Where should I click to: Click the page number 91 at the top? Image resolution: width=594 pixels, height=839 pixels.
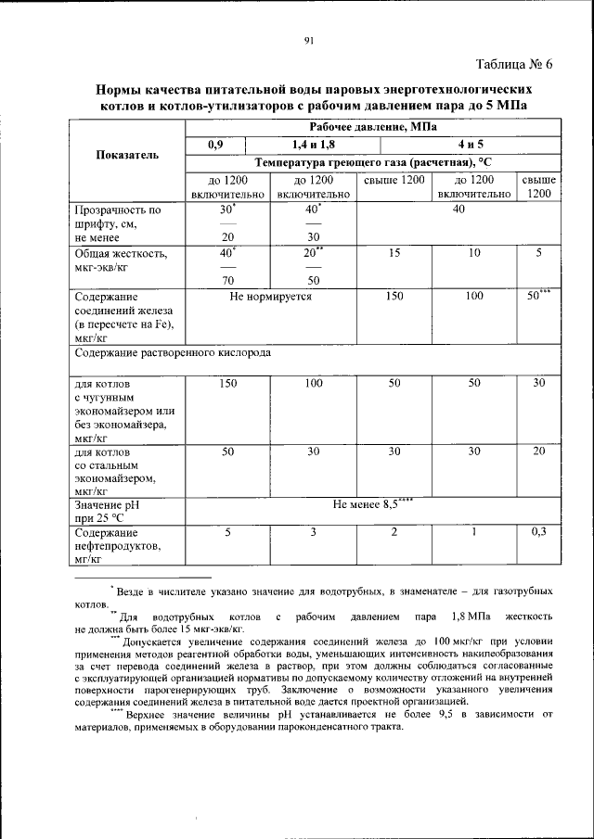[x=309, y=39]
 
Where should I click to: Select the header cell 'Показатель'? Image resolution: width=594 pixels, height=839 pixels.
[x=126, y=153]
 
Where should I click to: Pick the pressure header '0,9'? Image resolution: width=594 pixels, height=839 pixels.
[x=215, y=144]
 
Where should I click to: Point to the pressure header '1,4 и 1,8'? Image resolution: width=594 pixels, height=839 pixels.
[x=314, y=144]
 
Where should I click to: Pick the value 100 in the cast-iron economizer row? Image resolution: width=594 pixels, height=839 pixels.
[x=314, y=383]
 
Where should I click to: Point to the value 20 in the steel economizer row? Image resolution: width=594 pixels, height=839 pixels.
[x=538, y=451]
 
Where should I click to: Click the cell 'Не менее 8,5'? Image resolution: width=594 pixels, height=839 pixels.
[x=371, y=505]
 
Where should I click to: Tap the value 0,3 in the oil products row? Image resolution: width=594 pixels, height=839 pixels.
[x=538, y=532]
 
